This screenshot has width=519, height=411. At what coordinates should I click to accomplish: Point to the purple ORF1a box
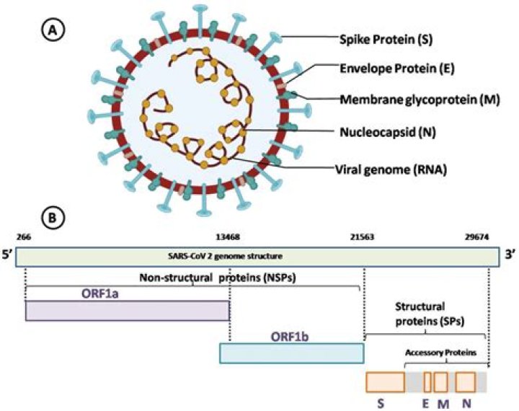128,311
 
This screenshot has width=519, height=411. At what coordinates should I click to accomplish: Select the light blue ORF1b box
291,353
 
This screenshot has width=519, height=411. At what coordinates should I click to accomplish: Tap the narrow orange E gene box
427,381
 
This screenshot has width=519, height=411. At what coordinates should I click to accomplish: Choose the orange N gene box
466,381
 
